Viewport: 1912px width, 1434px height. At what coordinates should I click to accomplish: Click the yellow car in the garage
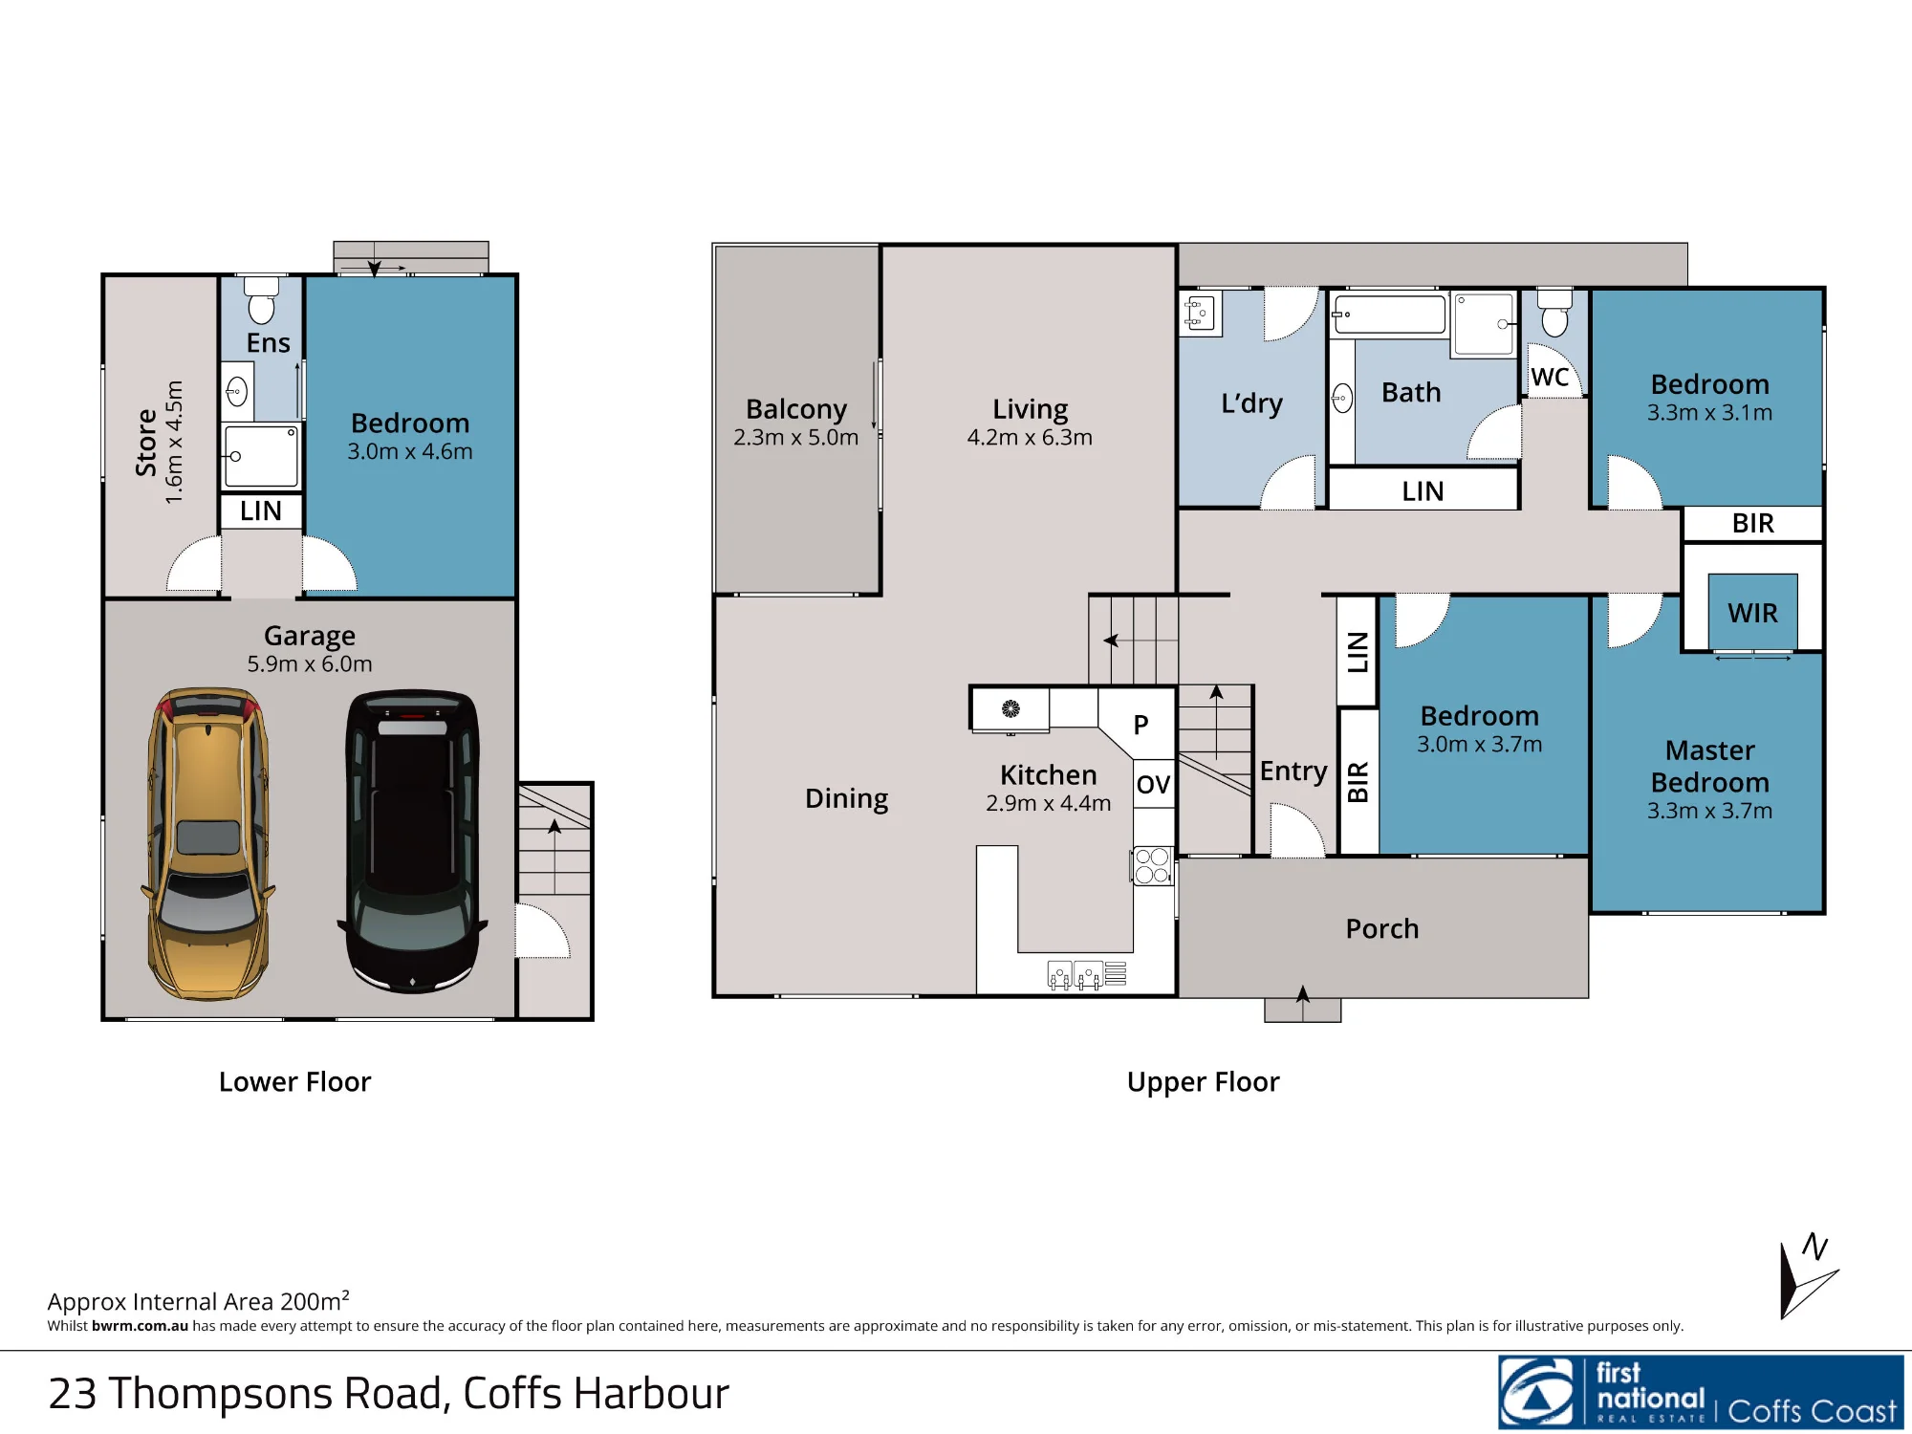point(208,844)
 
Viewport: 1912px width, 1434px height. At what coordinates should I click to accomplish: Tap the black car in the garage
point(412,841)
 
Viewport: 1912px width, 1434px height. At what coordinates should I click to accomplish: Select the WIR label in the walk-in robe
point(1752,613)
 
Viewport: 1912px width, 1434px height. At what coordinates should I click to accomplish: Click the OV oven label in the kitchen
point(1153,785)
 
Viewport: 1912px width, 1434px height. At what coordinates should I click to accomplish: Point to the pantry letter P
point(1141,725)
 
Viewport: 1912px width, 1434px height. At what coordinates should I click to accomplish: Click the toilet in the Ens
point(261,300)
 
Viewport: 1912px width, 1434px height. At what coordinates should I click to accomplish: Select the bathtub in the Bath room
point(1389,315)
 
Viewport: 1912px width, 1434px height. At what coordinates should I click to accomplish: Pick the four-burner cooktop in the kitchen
point(1152,866)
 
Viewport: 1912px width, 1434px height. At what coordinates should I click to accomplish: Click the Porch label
point(1381,928)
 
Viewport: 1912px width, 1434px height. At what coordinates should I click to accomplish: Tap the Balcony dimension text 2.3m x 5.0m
point(795,437)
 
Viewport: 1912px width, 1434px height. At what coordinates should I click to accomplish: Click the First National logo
point(1701,1392)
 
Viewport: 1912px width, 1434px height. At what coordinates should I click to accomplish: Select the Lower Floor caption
point(294,1081)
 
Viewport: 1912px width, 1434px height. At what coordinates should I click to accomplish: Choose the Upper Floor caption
point(1203,1081)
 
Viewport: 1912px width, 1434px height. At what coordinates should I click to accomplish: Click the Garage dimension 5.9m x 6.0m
point(310,663)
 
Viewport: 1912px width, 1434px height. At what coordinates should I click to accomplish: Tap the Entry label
point(1293,771)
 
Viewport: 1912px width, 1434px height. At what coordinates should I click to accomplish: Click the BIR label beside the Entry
point(1358,782)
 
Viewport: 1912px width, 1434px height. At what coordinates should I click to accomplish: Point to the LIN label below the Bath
point(1423,491)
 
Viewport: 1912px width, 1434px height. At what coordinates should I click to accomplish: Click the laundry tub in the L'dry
point(1201,313)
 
